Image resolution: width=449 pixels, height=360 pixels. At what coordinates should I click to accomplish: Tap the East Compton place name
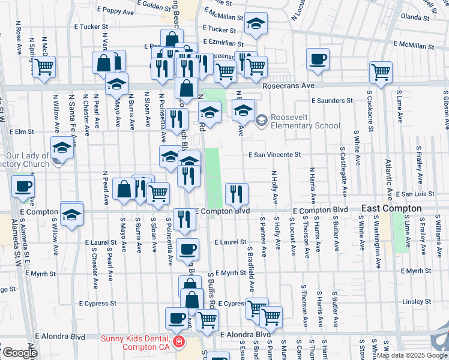[391, 208]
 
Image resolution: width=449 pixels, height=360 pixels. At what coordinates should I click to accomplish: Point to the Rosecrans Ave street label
[289, 86]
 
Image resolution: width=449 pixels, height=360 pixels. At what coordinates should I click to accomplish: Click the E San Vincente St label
[275, 154]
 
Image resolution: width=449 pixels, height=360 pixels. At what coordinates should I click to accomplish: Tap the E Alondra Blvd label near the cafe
[246, 334]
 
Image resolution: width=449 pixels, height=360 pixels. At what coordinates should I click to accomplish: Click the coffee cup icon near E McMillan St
[318, 59]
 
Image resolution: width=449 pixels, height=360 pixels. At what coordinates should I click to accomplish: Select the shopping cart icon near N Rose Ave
[44, 67]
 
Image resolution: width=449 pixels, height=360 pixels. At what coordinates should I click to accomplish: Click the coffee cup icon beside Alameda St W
[23, 186]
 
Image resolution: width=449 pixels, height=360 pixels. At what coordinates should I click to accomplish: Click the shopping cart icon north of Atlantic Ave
[381, 72]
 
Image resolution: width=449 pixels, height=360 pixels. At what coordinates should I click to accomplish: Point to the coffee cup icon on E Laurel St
[188, 248]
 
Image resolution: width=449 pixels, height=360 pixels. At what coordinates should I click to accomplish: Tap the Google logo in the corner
[19, 353]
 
